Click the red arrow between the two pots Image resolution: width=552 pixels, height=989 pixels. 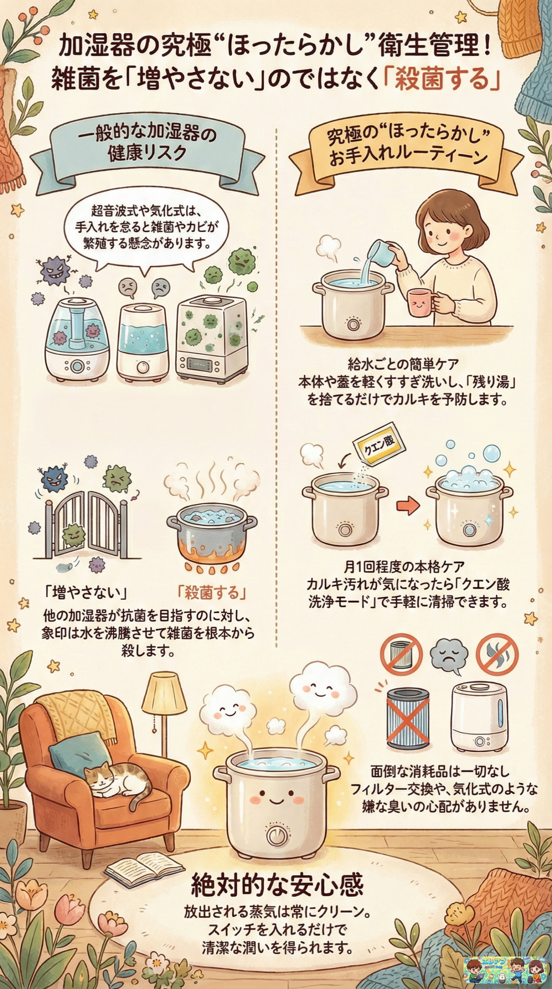click(x=408, y=505)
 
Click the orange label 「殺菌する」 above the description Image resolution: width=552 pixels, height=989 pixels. click(x=212, y=593)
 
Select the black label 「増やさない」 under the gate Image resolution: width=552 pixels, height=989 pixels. click(x=86, y=593)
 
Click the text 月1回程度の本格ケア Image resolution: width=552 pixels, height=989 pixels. click(x=404, y=567)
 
